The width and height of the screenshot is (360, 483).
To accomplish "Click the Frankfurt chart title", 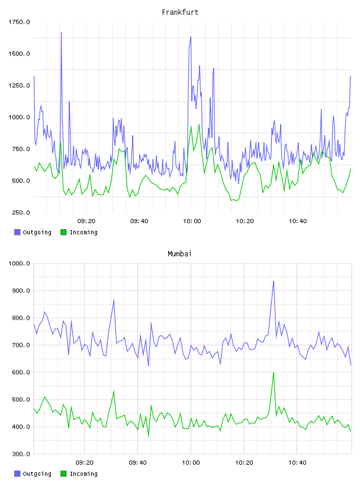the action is (x=180, y=12).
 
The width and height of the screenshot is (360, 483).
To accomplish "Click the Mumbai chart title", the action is (x=179, y=254).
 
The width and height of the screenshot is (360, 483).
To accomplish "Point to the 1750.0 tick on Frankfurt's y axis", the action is (x=19, y=22).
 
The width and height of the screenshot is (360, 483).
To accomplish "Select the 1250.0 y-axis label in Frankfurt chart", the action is (x=19, y=85).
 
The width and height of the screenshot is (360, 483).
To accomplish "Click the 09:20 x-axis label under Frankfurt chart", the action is (x=86, y=221).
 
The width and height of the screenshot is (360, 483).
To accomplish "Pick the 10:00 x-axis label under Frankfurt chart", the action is (x=192, y=221).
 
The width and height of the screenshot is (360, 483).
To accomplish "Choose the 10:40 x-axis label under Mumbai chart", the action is (x=297, y=463).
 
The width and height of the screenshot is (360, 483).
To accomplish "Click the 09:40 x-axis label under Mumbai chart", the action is (x=138, y=463).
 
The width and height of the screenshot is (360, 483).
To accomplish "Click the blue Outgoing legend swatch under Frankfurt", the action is (x=17, y=232).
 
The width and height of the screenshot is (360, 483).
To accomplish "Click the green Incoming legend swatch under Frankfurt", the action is (x=63, y=232).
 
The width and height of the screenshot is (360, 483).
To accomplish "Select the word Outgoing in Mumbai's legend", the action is (x=37, y=474).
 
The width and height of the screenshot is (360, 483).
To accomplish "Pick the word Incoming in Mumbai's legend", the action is (x=83, y=474).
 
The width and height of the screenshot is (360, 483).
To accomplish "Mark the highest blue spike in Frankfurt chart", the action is (x=61, y=33).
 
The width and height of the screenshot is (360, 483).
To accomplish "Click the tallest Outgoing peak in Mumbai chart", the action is (x=274, y=282).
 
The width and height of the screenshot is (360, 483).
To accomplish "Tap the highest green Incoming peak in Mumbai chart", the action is (x=274, y=373).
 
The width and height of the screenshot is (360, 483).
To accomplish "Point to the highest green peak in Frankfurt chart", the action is (x=199, y=124).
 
